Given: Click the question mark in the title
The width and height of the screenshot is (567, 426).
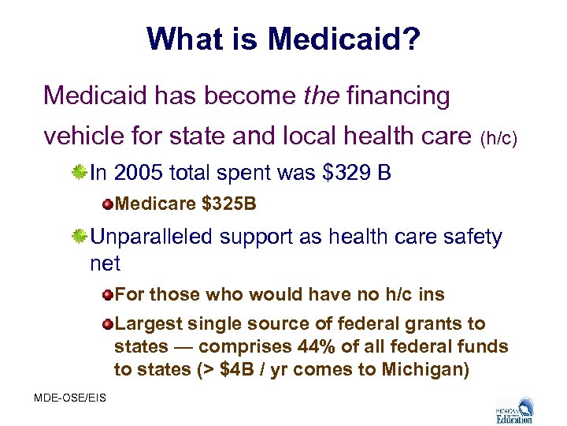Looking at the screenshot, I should [410, 39].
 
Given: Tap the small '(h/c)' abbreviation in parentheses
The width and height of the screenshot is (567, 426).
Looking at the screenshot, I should [499, 140].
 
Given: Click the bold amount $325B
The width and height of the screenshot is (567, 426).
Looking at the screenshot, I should [229, 204].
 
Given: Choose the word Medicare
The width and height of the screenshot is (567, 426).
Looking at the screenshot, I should [155, 204].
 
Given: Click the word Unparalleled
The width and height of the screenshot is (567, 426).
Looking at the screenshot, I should [156, 237].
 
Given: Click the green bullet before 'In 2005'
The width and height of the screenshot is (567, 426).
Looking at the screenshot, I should [79, 171].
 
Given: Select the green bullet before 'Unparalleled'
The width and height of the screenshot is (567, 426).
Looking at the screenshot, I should [79, 237].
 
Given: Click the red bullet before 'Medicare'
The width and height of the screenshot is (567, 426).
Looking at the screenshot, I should [107, 204].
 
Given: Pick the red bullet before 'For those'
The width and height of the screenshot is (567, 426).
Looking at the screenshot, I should [107, 295].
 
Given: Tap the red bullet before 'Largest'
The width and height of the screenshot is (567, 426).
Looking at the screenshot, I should [107, 324].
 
